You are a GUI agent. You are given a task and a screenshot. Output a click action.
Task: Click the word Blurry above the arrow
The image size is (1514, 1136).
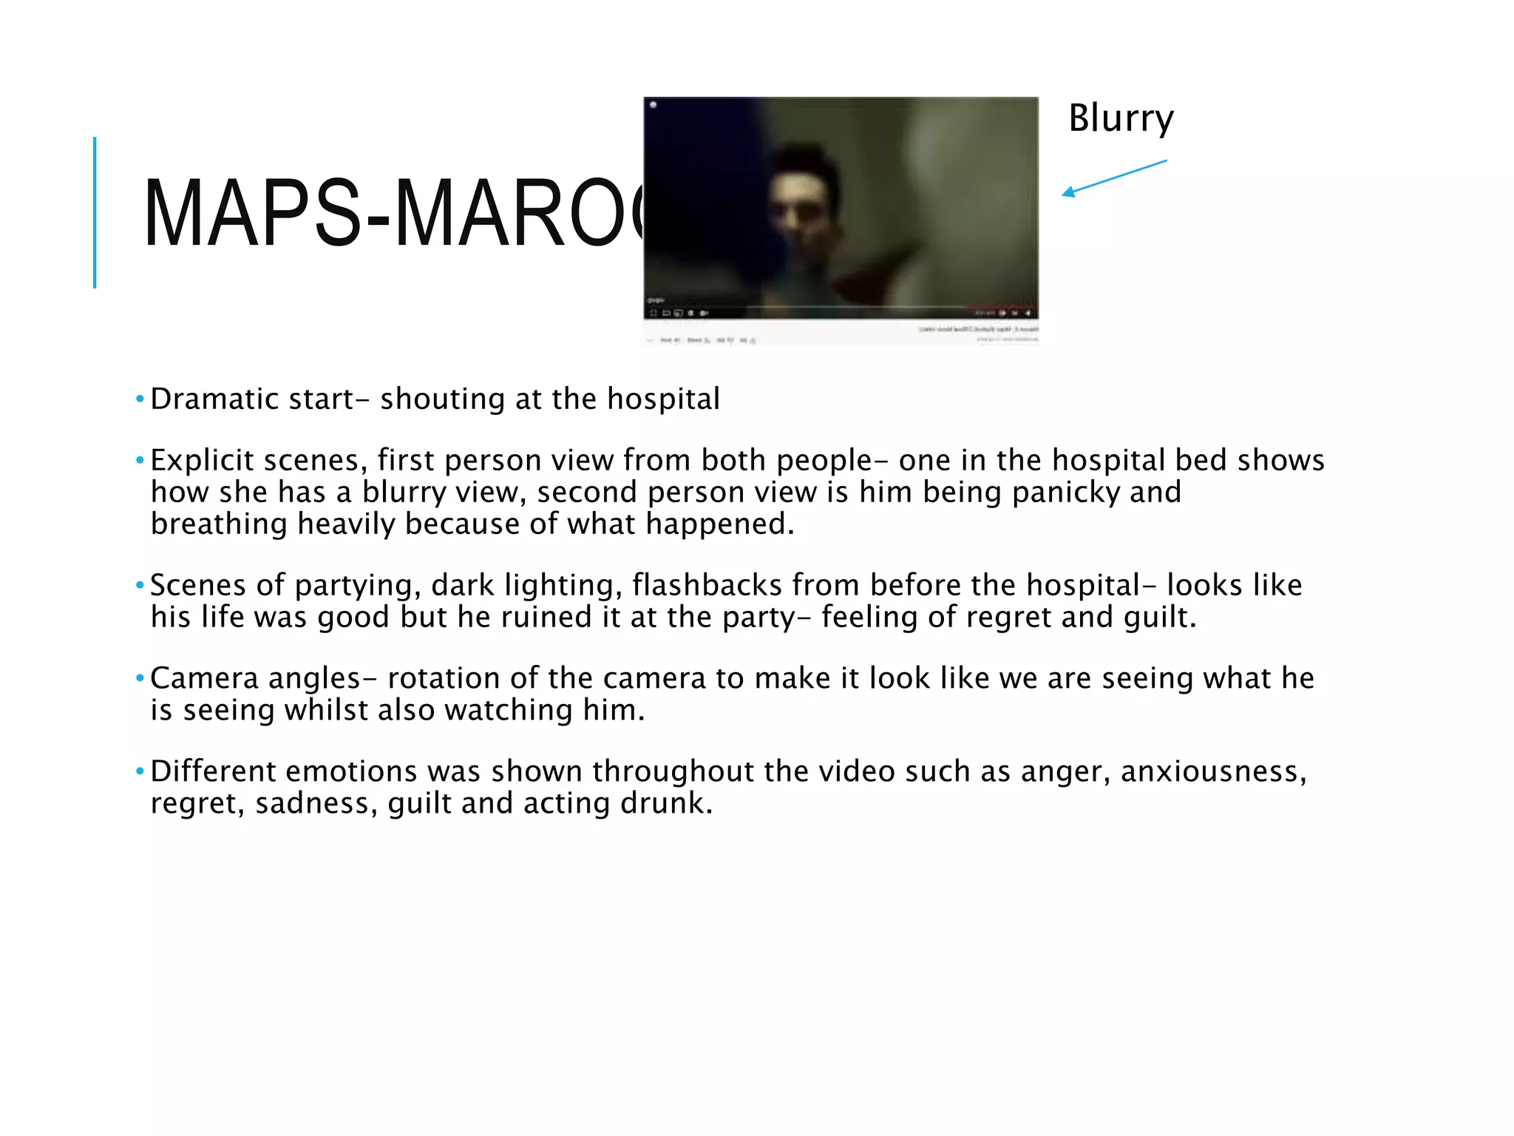coord(1121,119)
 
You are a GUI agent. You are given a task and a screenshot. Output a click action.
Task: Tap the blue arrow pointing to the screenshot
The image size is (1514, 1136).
coord(1114,178)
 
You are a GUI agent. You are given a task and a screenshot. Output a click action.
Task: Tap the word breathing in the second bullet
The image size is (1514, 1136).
coord(218,524)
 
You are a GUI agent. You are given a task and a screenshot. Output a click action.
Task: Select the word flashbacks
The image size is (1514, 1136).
coord(707,586)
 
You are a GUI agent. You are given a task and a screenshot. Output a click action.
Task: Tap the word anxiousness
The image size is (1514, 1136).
coord(1213,771)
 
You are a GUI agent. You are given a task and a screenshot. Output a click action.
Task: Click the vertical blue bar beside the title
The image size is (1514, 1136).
coord(95,212)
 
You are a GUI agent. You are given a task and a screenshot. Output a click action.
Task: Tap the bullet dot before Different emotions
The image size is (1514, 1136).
coord(140,771)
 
